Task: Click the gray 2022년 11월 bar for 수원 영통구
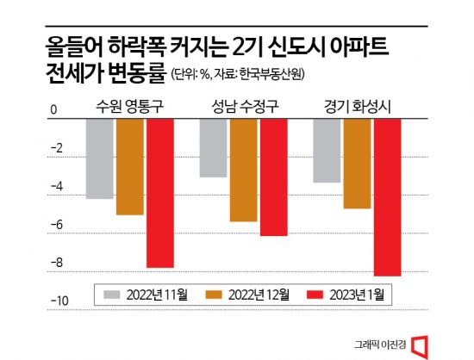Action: pos(100,158)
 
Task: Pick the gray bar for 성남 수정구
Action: pos(213,148)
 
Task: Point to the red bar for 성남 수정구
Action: pos(273,177)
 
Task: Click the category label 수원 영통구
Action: pos(130,107)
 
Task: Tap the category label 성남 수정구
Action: pos(243,107)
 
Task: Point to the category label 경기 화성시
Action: pos(356,107)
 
